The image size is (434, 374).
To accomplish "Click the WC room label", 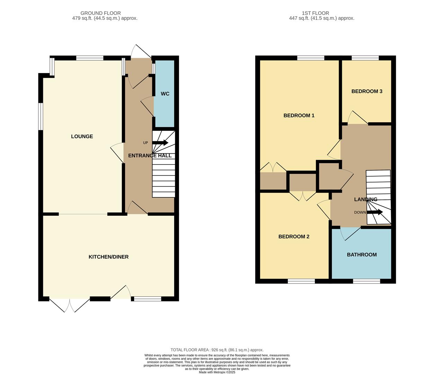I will [x=165, y=94].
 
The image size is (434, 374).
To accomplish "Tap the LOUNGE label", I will [x=82, y=136].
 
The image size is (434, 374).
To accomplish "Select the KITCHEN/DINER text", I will [x=108, y=257].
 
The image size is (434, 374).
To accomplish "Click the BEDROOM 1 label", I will [x=299, y=116].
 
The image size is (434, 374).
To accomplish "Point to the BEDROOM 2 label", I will [x=294, y=237].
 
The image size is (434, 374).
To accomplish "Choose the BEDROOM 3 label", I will [x=367, y=91].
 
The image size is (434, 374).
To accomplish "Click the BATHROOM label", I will [x=362, y=255].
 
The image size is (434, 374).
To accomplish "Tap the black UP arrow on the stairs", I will [x=160, y=143].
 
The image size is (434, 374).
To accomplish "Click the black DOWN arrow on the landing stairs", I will [x=375, y=212].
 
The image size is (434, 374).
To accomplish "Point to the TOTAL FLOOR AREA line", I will [x=217, y=350].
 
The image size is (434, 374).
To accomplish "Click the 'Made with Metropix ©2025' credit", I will [x=217, y=372].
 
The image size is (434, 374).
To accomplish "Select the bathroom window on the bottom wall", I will [x=366, y=281].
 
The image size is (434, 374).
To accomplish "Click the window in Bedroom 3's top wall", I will [x=365, y=58].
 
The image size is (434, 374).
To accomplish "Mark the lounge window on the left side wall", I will [x=41, y=116].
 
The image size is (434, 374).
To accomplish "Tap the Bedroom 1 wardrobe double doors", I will [x=273, y=168].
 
